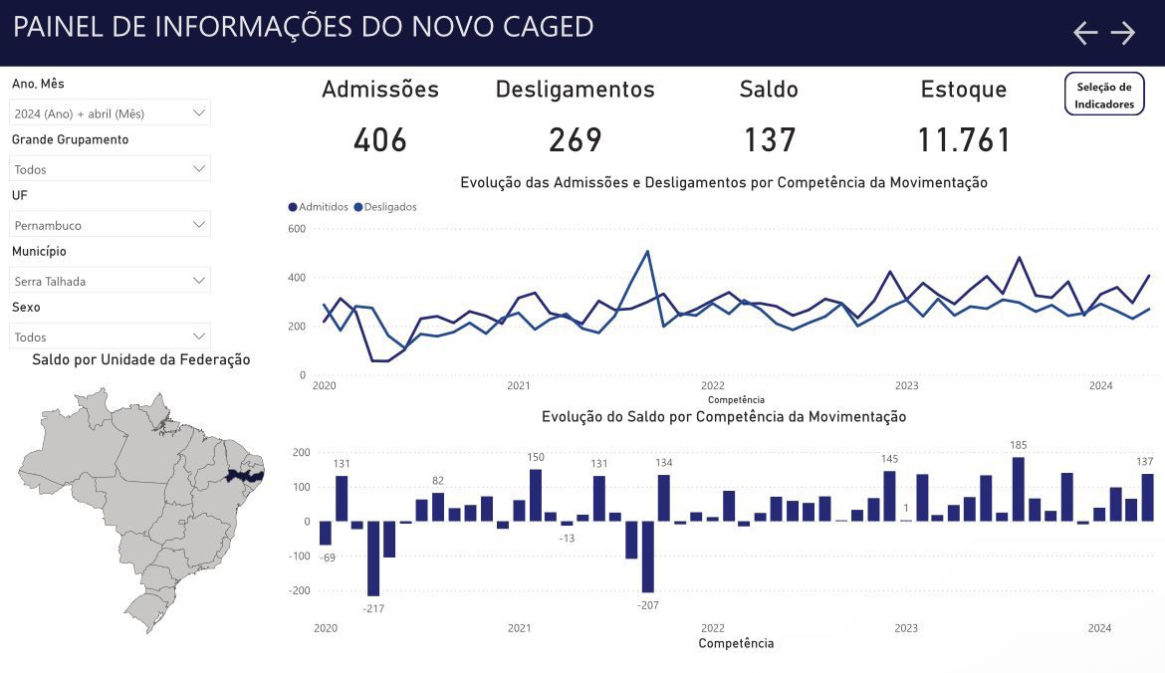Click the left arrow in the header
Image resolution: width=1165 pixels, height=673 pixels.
1085,33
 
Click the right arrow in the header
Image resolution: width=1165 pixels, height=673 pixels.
1122,33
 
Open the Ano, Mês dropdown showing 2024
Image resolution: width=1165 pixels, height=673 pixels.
110,112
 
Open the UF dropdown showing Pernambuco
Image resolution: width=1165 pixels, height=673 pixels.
110,224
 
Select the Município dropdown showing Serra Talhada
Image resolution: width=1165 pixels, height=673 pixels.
110,281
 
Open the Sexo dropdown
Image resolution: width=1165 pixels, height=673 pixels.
110,336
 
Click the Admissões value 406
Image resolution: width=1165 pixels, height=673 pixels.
380,139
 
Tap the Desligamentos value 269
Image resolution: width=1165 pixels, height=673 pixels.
576,139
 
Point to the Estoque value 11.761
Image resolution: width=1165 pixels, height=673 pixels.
964,139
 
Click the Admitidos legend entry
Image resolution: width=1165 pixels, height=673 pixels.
318,207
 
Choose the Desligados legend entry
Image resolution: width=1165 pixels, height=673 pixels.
385,207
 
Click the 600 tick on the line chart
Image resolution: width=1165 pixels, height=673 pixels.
297,229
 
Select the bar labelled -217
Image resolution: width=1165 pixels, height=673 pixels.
373,558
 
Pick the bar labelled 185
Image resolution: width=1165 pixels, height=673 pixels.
1019,489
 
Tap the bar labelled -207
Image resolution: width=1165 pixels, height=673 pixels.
648,557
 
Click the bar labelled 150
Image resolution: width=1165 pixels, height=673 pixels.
536,495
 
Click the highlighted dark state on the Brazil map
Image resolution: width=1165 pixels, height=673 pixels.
244,475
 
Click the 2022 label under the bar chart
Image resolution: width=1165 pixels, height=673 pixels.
713,628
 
